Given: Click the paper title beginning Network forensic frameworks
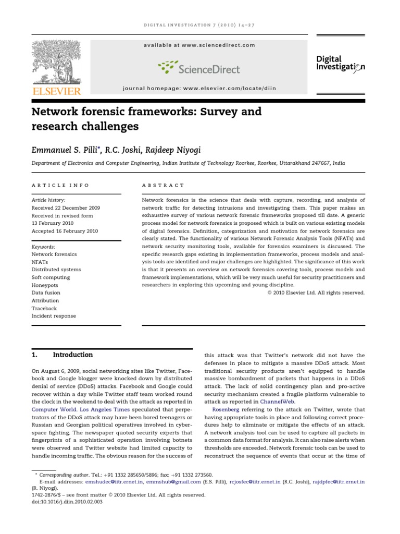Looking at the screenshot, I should tap(147, 119).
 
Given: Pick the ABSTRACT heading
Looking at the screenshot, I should tap(163, 185).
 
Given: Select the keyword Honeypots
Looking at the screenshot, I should tap(45, 285).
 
